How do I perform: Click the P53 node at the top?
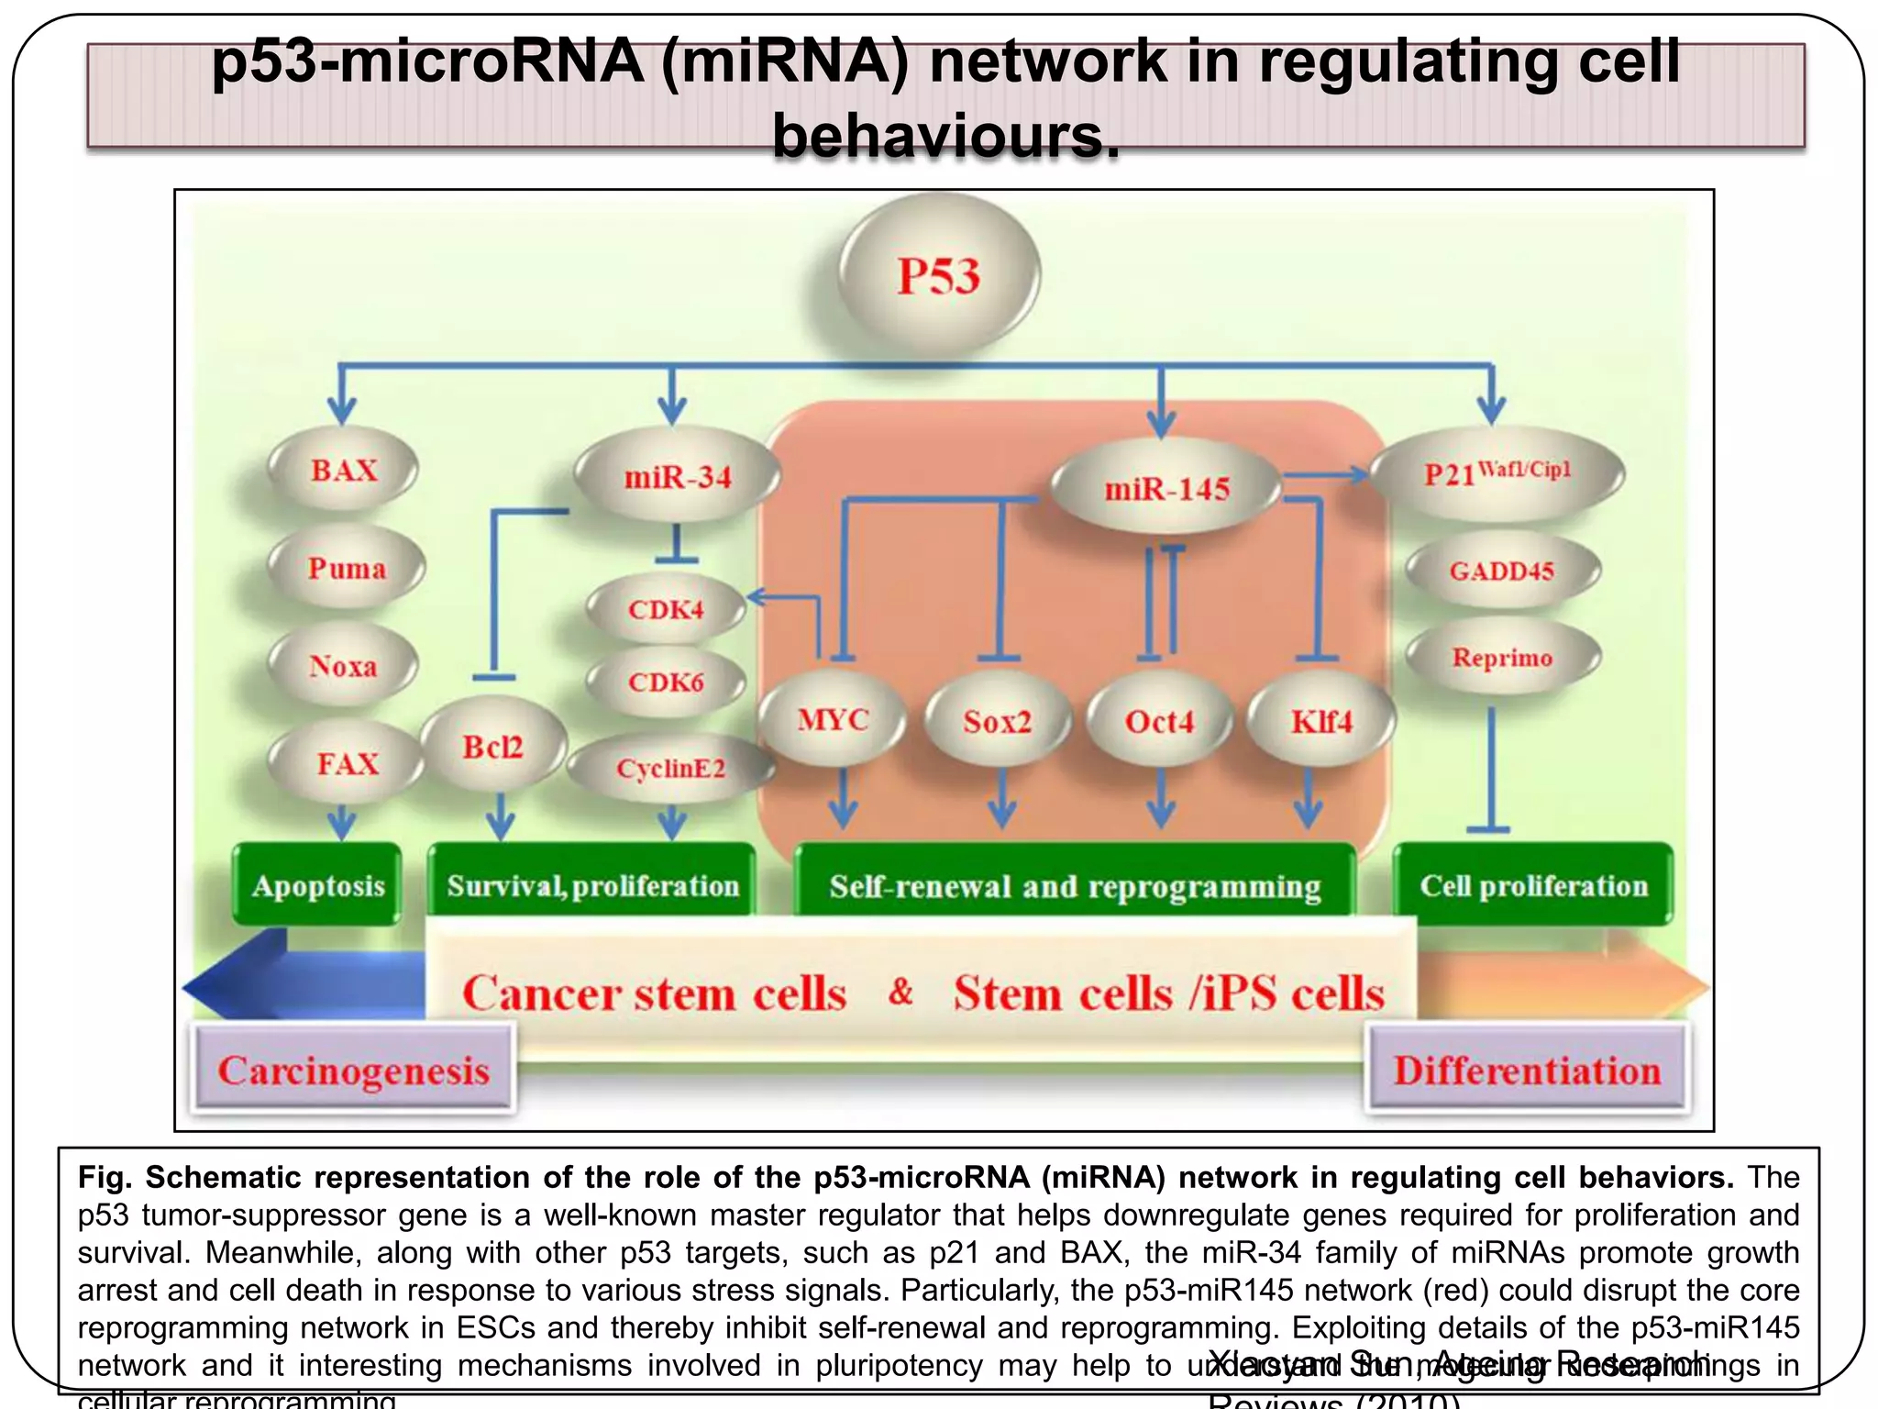tap(939, 275)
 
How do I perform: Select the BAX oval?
tap(344, 471)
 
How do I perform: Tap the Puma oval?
tap(347, 568)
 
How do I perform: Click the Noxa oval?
tap(343, 665)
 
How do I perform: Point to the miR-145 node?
tap(1165, 489)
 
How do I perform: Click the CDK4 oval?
tap(666, 609)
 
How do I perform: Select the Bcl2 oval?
tap(492, 747)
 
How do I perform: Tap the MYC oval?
tap(833, 719)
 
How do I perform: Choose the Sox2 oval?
tap(997, 721)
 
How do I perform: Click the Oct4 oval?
tap(1159, 721)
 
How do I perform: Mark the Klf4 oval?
tap(1321, 721)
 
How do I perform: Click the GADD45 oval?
tap(1501, 571)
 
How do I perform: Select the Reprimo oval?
tap(1502, 658)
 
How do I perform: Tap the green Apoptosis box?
tap(317, 885)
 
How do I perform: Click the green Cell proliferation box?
tap(1533, 885)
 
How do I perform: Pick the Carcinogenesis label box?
tap(353, 1070)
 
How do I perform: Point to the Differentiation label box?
tap(1527, 1070)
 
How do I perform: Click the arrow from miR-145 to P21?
tap(1325, 474)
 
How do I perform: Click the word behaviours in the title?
tap(946, 136)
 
